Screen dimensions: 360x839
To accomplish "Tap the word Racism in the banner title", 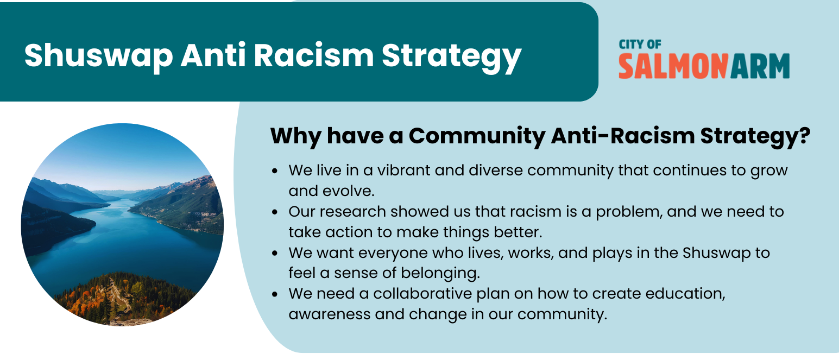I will point(314,55).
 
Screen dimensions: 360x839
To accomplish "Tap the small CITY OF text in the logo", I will point(640,45).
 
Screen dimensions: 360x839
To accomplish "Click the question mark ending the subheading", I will point(804,136).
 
